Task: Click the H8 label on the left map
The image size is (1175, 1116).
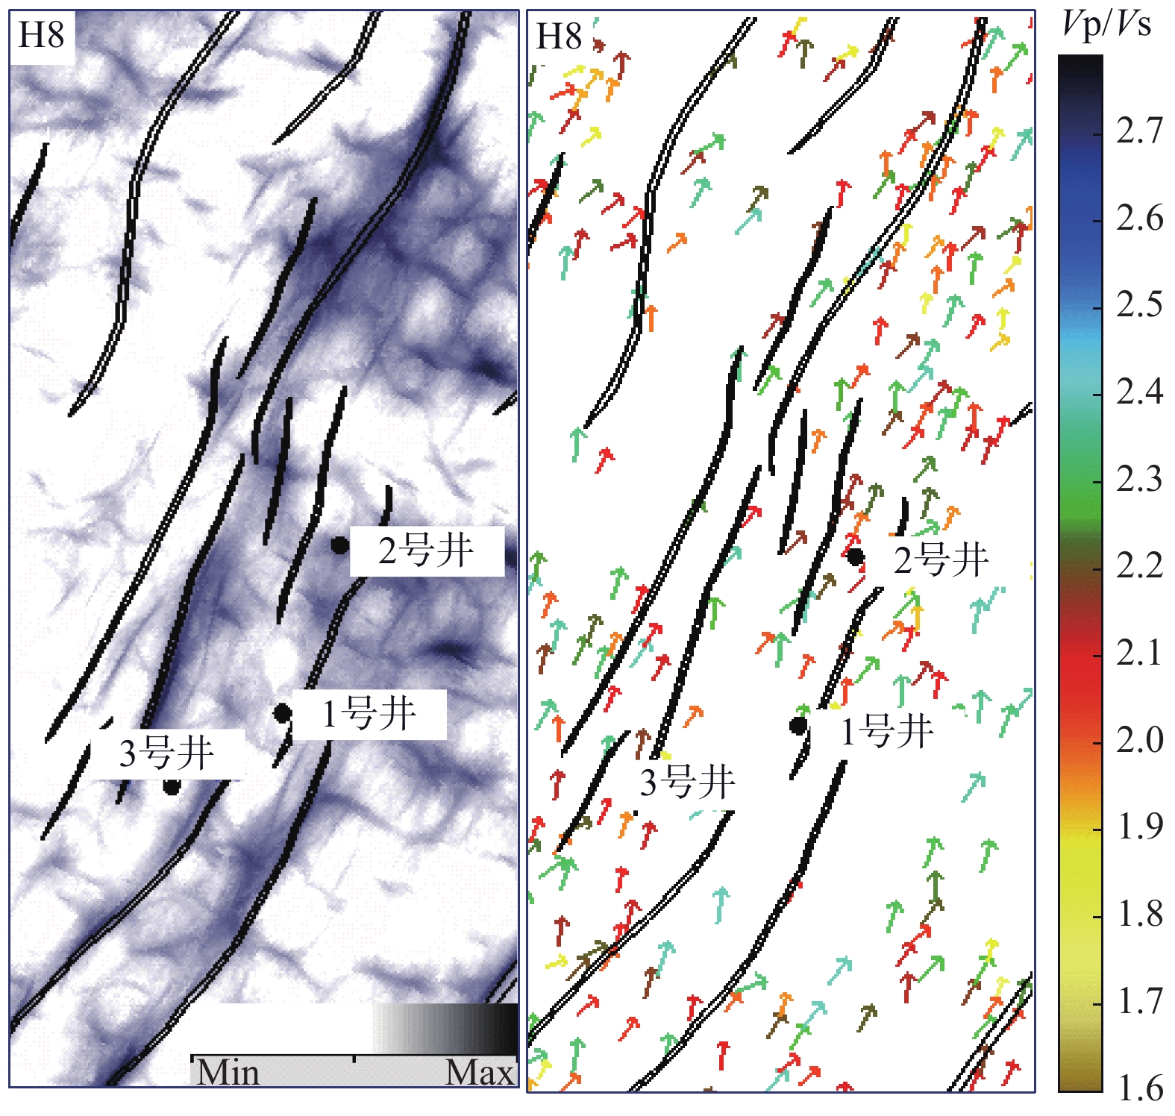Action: pos(41,35)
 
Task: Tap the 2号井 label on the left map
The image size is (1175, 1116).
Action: pos(426,551)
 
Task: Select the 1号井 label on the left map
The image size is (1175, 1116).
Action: pos(369,714)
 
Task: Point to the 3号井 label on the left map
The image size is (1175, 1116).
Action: pos(167,753)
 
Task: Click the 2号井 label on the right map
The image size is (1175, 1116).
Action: pos(941,560)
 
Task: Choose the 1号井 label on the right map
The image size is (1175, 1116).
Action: pos(887,731)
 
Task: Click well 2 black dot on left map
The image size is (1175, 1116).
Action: pos(339,545)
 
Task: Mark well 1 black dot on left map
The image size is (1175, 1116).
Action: pos(282,713)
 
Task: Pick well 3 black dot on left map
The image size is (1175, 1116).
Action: pos(172,786)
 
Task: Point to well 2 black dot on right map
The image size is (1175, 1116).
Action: pos(855,557)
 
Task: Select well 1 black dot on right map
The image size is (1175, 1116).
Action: pos(798,725)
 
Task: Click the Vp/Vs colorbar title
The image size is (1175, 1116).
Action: pos(1106,25)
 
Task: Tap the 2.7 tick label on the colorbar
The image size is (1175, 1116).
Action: pos(1139,131)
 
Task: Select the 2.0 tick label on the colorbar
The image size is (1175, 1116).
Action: pos(1139,740)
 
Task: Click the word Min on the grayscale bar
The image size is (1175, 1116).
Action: pos(228,1073)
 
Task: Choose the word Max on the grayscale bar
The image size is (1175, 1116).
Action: pos(480,1073)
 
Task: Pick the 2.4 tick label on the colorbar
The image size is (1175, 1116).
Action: pos(1139,392)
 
